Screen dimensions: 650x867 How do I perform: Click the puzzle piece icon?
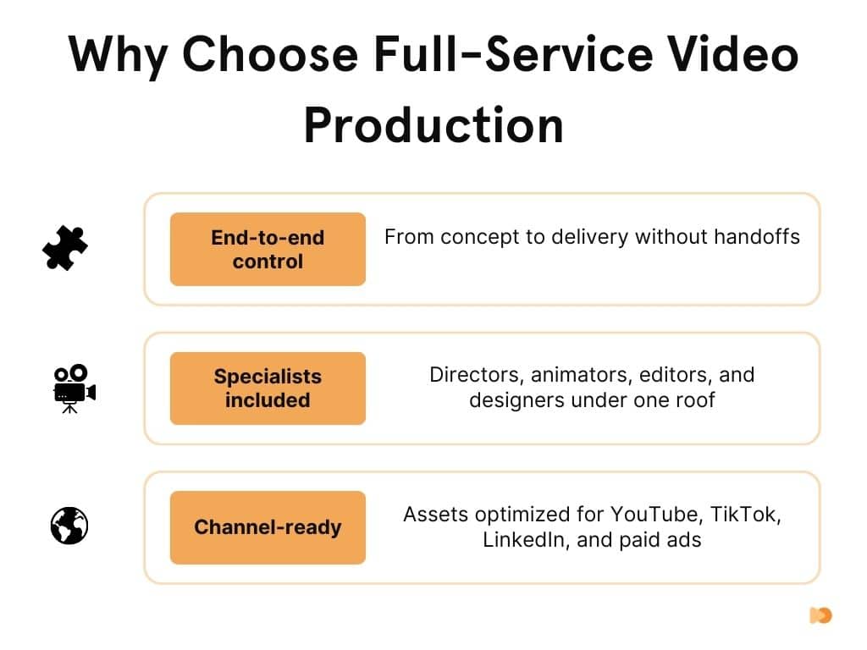click(x=65, y=249)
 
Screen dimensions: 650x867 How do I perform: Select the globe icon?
click(x=69, y=526)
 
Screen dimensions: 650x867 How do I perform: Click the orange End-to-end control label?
click(x=268, y=249)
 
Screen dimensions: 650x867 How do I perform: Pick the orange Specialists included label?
click(x=268, y=388)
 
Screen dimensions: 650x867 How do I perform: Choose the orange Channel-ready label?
click(x=268, y=527)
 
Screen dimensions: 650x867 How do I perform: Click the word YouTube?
click(x=657, y=514)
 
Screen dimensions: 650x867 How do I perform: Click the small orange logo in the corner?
click(x=820, y=615)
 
